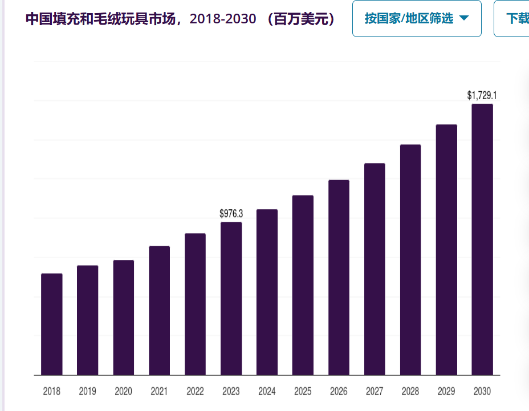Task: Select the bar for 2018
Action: pos(52,324)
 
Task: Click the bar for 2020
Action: pos(124,318)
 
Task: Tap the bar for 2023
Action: pos(231,299)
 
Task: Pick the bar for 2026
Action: pos(339,278)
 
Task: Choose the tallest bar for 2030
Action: pos(482,239)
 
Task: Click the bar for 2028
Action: pos(410,260)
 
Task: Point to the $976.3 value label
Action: pos(231,214)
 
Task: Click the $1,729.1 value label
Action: pos(482,96)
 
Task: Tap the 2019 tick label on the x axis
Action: pos(87,392)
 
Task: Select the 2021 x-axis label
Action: pos(159,392)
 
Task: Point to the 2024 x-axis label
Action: pos(267,392)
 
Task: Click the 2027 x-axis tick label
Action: pos(375,392)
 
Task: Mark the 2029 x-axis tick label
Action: pos(446,392)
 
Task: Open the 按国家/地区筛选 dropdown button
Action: pos(417,19)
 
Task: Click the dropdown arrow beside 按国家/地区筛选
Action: pos(464,18)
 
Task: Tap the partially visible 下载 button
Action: pos(512,19)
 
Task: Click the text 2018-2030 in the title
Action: pos(223,19)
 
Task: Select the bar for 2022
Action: pos(196,304)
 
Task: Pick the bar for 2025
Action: pos(303,285)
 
